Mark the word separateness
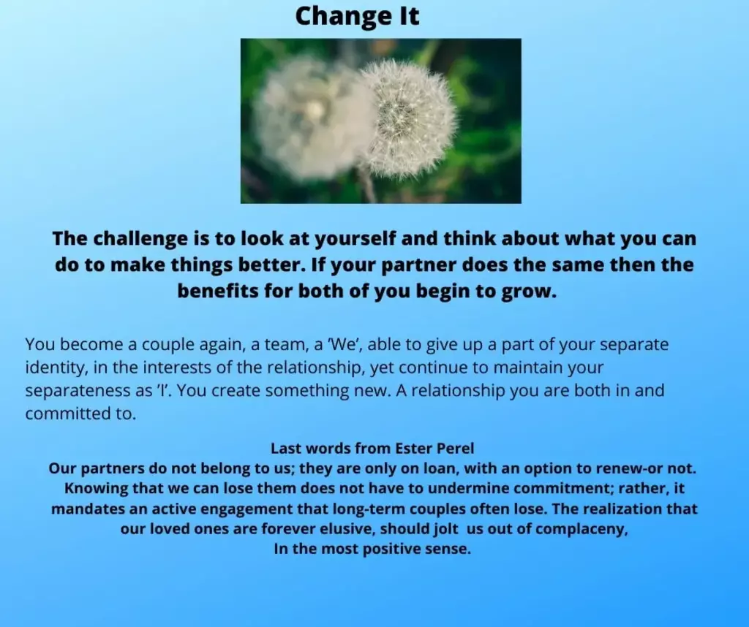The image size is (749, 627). coord(78,391)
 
